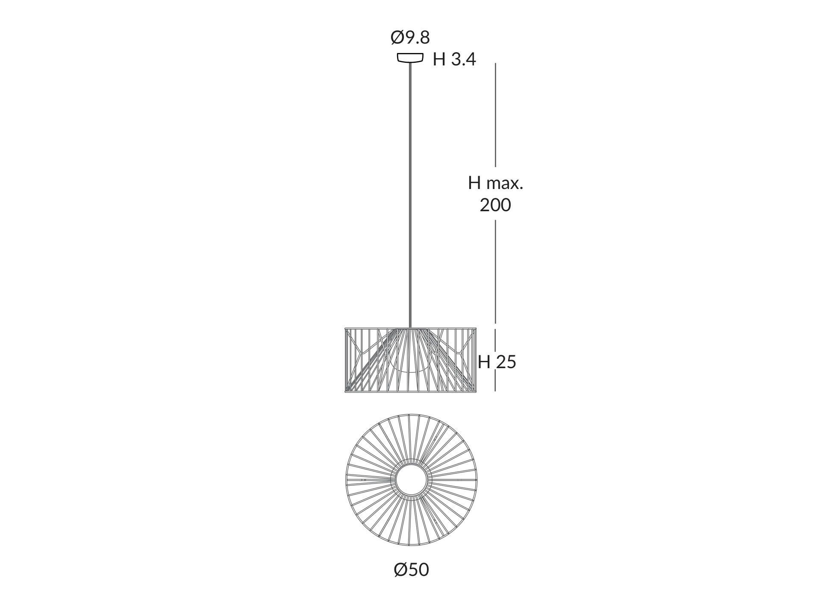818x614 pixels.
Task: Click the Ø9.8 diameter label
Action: pos(410,38)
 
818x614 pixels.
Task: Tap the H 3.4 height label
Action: pos(454,59)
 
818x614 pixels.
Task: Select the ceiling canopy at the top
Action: pos(410,57)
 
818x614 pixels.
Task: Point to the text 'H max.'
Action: pos(495,183)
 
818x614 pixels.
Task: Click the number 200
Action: pos(495,205)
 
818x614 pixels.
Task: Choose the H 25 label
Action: pos(497,362)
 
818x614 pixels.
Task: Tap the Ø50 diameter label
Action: pos(411,570)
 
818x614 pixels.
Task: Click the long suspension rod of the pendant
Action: pos(410,195)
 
